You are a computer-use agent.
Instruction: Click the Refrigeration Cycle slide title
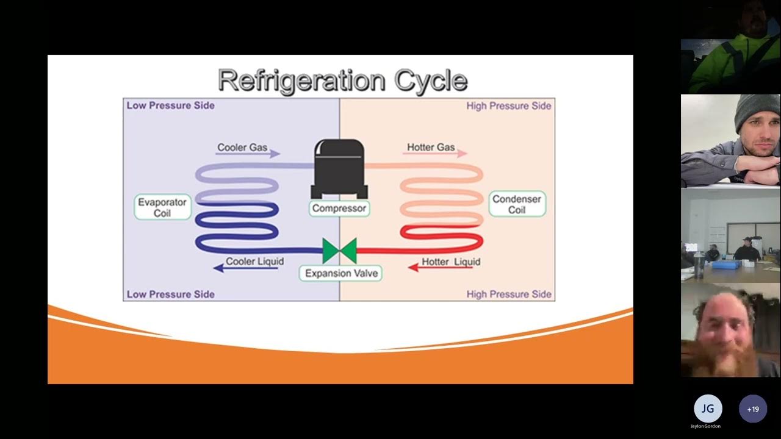pos(342,80)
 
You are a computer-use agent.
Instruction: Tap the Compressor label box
pos(339,209)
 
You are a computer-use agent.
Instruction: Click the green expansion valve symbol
pos(339,251)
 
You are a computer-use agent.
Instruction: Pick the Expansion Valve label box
pos(341,273)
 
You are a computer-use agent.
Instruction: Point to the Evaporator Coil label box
pos(162,207)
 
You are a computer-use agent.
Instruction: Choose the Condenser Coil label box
pos(517,204)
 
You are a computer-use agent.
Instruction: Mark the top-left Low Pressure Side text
pos(171,105)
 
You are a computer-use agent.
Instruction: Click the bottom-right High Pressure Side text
pos(509,294)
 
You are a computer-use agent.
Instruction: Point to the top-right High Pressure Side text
pos(509,106)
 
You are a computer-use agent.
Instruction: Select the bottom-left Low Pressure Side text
pos(171,294)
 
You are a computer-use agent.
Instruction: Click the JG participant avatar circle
pos(708,409)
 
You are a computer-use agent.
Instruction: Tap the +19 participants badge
pos(753,409)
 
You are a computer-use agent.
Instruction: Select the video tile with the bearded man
pos(730,330)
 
